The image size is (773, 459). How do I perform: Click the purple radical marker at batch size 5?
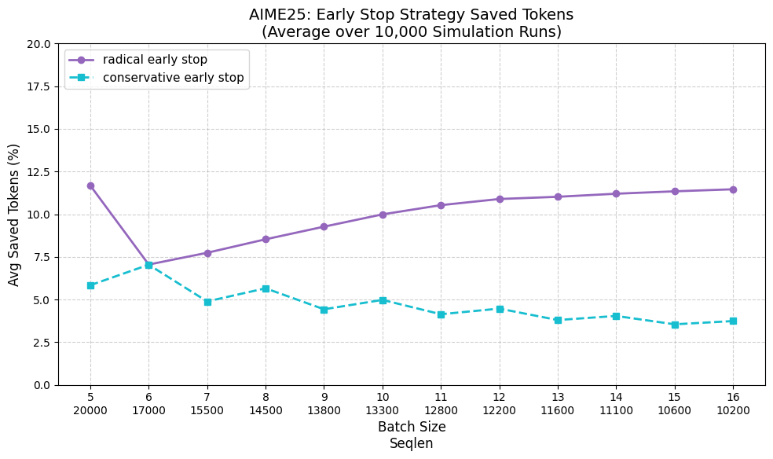point(90,185)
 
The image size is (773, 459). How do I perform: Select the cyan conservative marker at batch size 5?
point(90,285)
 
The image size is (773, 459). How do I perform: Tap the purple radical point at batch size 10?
point(383,215)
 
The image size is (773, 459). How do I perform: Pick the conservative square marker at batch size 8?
point(266,288)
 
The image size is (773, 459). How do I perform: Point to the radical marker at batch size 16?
point(733,189)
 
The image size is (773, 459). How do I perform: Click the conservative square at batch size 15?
point(675,325)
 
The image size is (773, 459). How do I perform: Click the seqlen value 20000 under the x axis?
point(90,410)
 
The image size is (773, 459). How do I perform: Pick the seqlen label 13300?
point(383,410)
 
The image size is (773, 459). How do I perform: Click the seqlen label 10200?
point(733,410)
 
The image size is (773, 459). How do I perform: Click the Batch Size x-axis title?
point(412,427)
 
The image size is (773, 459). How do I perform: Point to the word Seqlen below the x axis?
point(412,443)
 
